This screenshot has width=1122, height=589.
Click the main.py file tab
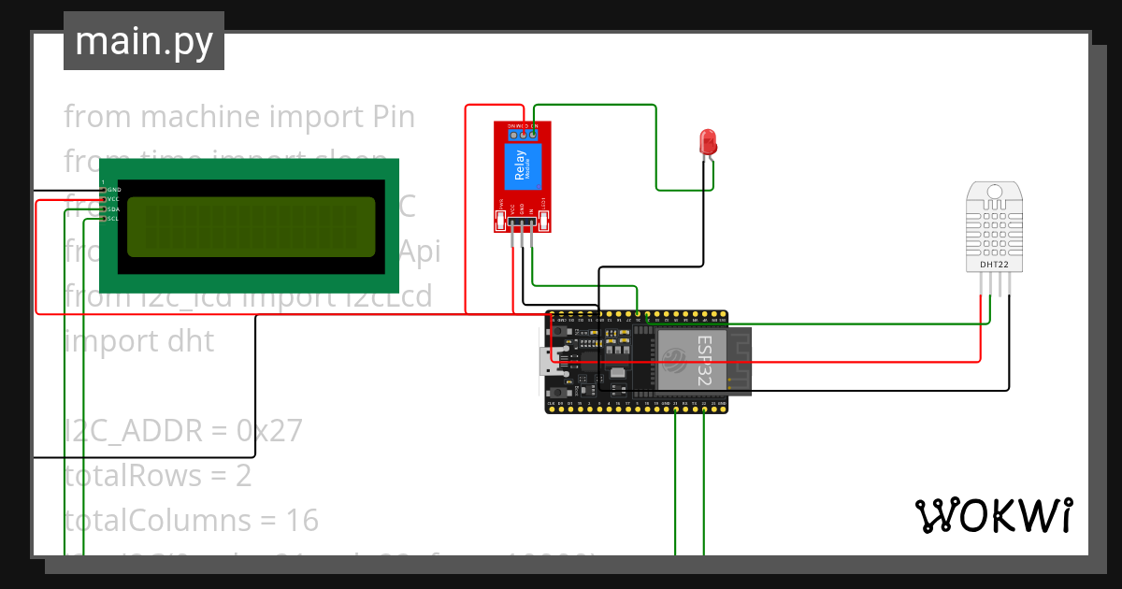[144, 41]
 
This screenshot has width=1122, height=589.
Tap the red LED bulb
[708, 142]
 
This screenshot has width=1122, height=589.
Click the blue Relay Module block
[522, 167]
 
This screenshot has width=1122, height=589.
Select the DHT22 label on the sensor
[994, 265]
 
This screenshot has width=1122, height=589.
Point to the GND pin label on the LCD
[114, 190]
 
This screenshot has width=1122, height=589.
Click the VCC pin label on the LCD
[114, 199]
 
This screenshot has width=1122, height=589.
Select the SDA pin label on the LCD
[114, 209]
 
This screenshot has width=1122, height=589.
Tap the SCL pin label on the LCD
[114, 219]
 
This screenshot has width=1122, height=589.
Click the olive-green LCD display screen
[251, 227]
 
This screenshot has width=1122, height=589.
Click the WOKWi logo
[993, 515]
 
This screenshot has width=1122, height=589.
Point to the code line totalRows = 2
[158, 475]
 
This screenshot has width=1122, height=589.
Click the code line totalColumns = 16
[191, 520]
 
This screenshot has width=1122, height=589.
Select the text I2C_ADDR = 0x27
[183, 430]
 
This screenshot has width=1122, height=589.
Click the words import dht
[139, 341]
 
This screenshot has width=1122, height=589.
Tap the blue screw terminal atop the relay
[523, 134]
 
